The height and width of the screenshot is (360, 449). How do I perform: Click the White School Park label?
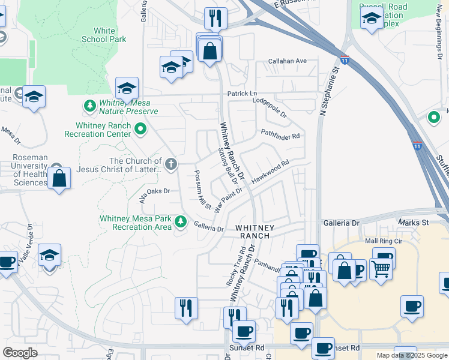[109, 35]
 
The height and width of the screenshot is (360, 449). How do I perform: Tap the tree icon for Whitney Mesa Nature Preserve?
[90, 106]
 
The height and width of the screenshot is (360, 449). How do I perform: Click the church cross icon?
[171, 164]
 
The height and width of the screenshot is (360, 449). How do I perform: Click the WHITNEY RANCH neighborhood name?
[255, 232]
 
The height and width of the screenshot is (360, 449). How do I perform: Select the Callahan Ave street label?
[288, 61]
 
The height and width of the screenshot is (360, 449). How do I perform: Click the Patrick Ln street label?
[241, 94]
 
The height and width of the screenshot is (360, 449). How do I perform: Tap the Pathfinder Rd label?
[280, 134]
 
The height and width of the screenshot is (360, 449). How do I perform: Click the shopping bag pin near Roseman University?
[59, 179]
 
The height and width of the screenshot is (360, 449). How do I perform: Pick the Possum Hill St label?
[202, 190]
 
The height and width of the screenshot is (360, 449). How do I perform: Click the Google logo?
[20, 353]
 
